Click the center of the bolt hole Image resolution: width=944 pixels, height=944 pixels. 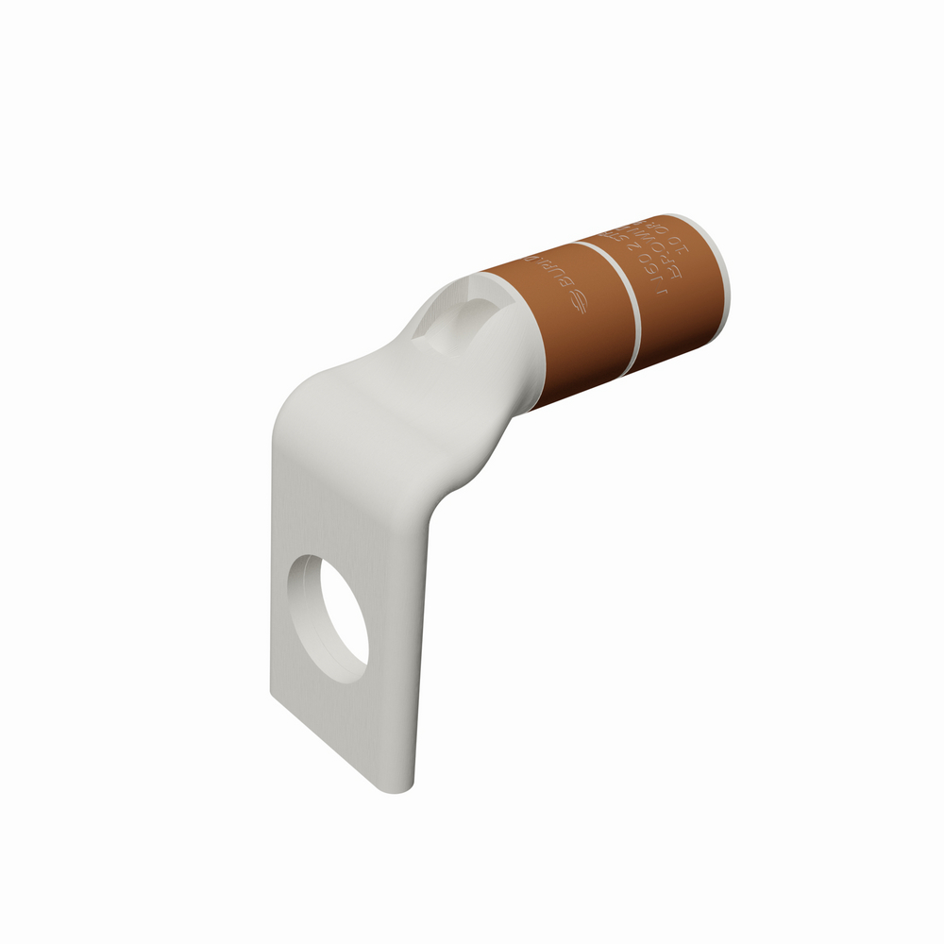(x=329, y=618)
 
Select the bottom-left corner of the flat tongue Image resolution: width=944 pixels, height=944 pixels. (x=274, y=694)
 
